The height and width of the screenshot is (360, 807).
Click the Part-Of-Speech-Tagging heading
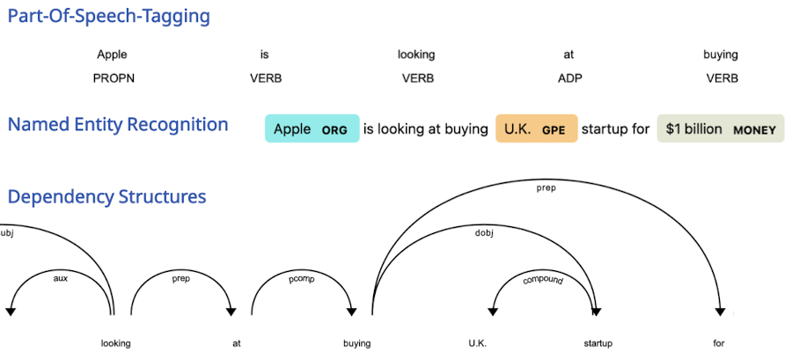point(108,17)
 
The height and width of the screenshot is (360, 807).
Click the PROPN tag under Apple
point(114,78)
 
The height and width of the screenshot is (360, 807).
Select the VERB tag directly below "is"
point(266,78)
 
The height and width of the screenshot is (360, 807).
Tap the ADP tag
point(569,78)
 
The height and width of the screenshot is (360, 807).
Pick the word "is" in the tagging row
point(265,55)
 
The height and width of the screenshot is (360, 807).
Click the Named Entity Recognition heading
point(118,125)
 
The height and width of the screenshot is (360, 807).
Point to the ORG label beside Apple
point(334,130)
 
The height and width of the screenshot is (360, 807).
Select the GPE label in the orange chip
point(554,130)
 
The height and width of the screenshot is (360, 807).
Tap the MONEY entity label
point(754,130)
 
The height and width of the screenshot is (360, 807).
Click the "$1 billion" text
point(693,129)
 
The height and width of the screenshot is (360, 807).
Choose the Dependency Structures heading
point(107,197)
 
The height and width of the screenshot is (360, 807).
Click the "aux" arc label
point(61,279)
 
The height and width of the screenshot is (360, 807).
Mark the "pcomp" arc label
point(301,279)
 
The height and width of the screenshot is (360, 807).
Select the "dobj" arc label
point(484,232)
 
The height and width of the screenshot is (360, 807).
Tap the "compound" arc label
point(543,280)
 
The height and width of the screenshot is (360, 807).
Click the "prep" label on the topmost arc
point(546,188)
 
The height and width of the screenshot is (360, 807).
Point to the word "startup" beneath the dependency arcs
point(598,343)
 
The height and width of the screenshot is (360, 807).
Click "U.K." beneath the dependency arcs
point(478,343)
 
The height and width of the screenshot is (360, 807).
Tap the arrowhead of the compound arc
point(493,312)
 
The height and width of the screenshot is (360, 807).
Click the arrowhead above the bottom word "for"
point(720,312)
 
